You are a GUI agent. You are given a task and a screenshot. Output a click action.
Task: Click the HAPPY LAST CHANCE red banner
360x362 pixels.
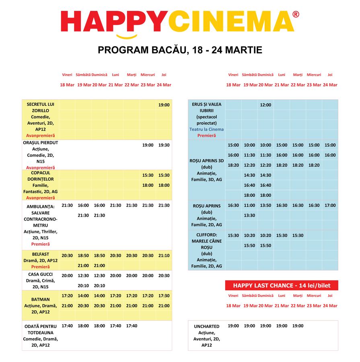pyautogui.click(x=282, y=286)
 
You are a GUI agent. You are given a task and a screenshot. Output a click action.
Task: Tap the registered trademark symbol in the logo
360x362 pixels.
pyautogui.click(x=296, y=14)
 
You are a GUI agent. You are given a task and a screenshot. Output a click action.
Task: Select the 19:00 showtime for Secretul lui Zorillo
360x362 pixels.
pyautogui.click(x=164, y=105)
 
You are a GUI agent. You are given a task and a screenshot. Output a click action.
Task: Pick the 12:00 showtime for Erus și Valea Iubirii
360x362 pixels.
pyautogui.click(x=265, y=105)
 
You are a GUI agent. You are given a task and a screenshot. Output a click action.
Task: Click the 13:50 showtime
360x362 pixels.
pyautogui.click(x=265, y=206)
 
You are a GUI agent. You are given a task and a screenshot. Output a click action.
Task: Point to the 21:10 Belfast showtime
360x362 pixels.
pyautogui.click(x=164, y=256)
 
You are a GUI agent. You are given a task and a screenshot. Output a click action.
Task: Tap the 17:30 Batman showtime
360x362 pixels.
pyautogui.click(x=164, y=296)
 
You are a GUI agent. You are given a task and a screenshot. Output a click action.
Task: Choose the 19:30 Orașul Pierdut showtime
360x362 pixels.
pyautogui.click(x=164, y=145)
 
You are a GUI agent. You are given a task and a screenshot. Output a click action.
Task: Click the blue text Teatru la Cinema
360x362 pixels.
pyautogui.click(x=206, y=130)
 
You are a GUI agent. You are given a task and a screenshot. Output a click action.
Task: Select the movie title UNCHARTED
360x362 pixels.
pyautogui.click(x=206, y=327)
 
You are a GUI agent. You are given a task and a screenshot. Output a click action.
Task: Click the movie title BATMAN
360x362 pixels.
pyautogui.click(x=41, y=299)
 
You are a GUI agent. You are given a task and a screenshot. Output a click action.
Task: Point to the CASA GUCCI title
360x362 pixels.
pyautogui.click(x=41, y=274)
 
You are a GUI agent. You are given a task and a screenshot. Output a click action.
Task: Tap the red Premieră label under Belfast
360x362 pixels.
pyautogui.click(x=41, y=267)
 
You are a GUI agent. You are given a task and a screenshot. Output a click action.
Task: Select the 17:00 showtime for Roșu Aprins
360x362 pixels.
pyautogui.click(x=330, y=206)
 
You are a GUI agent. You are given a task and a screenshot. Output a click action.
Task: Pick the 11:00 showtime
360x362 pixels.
pyautogui.click(x=249, y=206)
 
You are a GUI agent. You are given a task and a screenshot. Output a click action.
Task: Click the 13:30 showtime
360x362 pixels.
pyautogui.click(x=249, y=216)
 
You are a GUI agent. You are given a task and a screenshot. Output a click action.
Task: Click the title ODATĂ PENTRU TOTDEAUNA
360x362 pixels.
pyautogui.click(x=41, y=330)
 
